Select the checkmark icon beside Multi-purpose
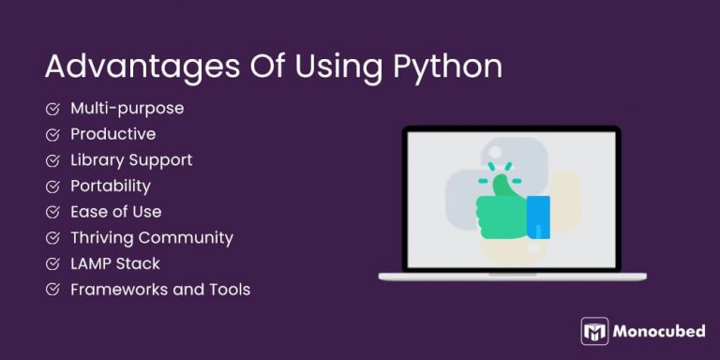pos(52,109)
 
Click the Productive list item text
pos(112,134)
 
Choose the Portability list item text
pos(110,186)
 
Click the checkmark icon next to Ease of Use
pos(52,212)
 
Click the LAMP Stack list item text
pos(114,263)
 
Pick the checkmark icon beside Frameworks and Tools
pos(52,290)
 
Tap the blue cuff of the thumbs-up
pos(538,217)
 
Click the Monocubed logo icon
pos(594,331)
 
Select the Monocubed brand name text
pos(660,331)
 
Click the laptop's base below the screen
pos(512,276)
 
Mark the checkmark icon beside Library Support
pos(52,160)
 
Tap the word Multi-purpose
pos(127,109)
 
